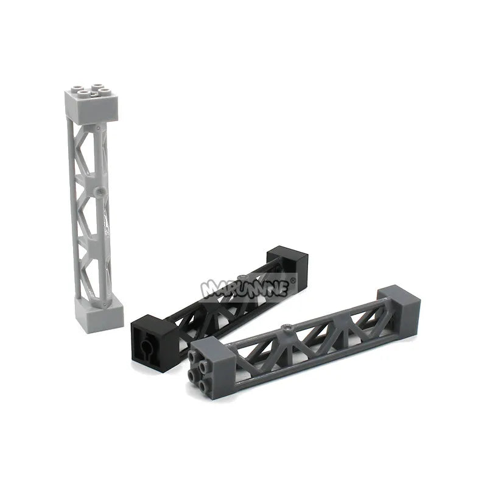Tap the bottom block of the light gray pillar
click(99, 313)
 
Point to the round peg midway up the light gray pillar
click(100, 191)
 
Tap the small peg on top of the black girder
click(243, 276)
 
